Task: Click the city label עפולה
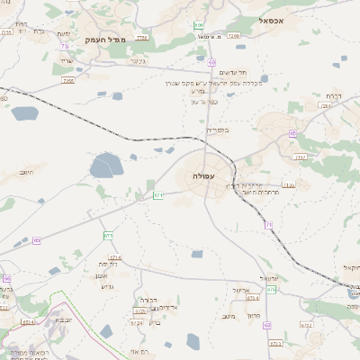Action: pyautogui.click(x=202, y=176)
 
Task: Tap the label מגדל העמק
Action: pyautogui.click(x=104, y=40)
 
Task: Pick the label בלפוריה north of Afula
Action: pyautogui.click(x=219, y=130)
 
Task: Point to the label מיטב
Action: pyautogui.click(x=229, y=316)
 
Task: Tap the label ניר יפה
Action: pyautogui.click(x=110, y=264)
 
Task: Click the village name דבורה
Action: pyautogui.click(x=148, y=299)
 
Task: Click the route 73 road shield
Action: pyautogui.click(x=64, y=47)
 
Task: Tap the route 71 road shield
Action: pyautogui.click(x=157, y=193)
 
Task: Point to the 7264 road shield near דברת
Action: pyautogui.click(x=325, y=105)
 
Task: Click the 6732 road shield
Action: pyautogui.click(x=307, y=326)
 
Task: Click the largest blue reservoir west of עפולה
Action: pyautogui.click(x=106, y=166)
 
